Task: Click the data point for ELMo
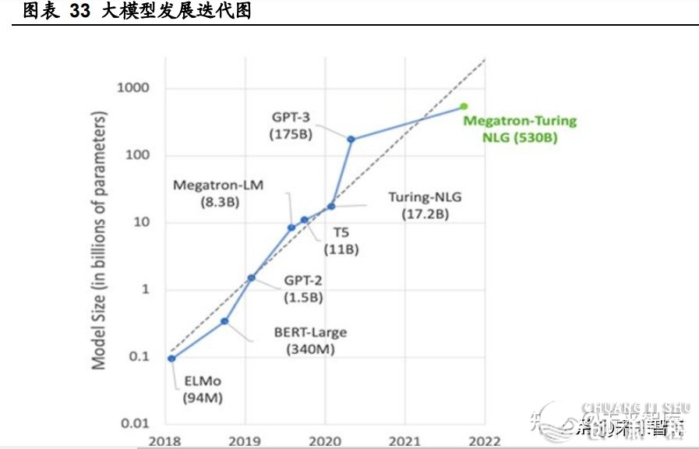click(x=171, y=358)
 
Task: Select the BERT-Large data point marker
click(x=224, y=321)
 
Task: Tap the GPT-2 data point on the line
click(x=252, y=278)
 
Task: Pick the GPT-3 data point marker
click(x=351, y=139)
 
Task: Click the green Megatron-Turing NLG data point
click(x=464, y=106)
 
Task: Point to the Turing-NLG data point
click(x=331, y=206)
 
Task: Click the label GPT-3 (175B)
click(x=291, y=126)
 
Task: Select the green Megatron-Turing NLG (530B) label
click(x=519, y=129)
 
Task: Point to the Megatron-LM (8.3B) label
click(x=218, y=193)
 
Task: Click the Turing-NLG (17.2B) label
click(x=425, y=205)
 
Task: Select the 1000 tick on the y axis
click(x=132, y=87)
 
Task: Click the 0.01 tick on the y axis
click(x=136, y=424)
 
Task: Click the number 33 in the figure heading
click(x=80, y=12)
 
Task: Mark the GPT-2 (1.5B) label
click(x=302, y=289)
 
